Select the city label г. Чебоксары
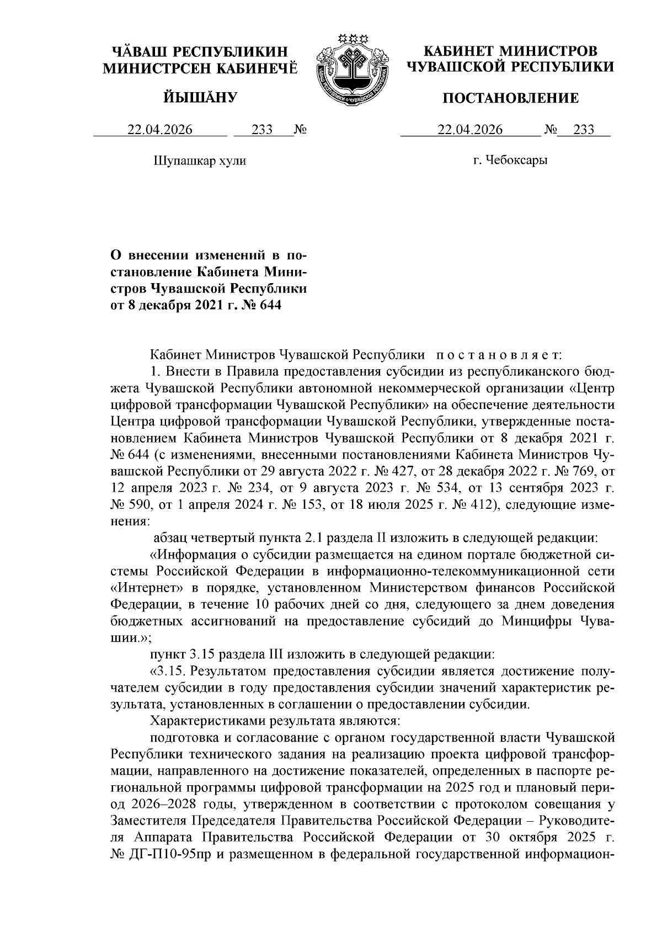tap(510, 161)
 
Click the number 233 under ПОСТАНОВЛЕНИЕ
tap(584, 130)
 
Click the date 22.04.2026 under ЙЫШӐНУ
tap(160, 130)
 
